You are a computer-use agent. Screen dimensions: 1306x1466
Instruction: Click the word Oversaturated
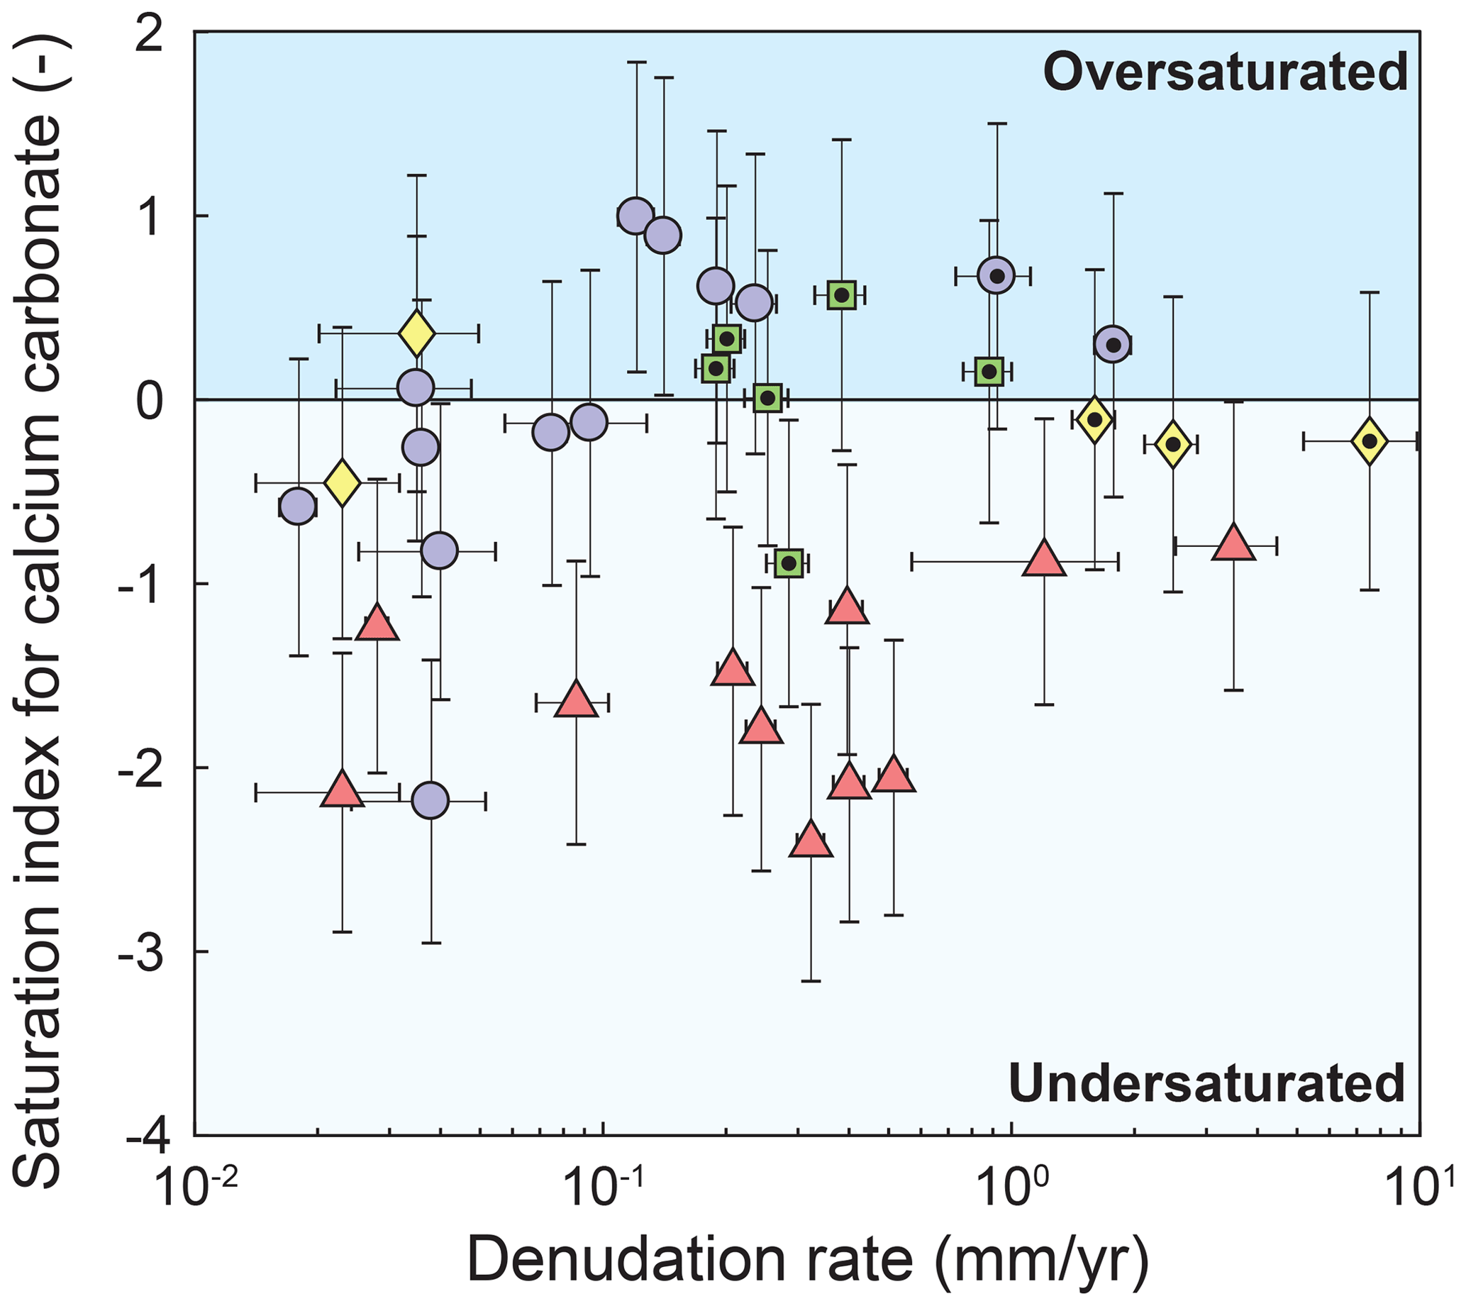1224,72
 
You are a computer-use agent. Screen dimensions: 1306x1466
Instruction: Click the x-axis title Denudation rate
689,1260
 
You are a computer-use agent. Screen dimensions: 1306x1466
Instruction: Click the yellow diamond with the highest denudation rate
1369,441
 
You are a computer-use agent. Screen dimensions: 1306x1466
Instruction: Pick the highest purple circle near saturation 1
635,215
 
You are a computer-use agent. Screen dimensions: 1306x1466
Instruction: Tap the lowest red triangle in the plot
811,840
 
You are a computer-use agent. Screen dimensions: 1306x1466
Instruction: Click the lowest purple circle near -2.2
431,801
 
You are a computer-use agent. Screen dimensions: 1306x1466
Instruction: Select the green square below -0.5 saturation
789,563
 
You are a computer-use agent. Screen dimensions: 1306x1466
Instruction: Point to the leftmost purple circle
298,507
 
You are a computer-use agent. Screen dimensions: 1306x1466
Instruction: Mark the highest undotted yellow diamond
417,333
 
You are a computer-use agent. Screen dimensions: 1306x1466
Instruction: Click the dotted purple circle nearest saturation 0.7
996,275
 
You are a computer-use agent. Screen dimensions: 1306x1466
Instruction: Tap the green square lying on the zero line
768,397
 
